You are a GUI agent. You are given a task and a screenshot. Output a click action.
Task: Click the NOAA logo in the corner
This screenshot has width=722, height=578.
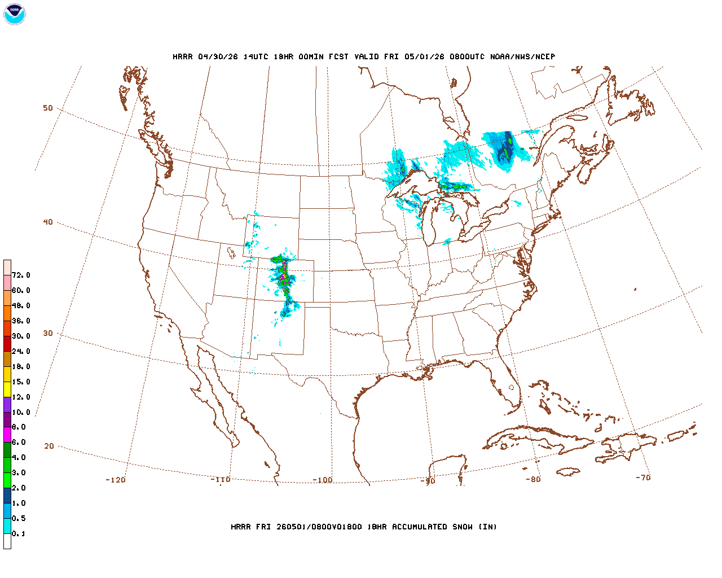pos(15,14)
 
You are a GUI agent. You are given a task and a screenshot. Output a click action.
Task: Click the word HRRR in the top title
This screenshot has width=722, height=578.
pos(182,57)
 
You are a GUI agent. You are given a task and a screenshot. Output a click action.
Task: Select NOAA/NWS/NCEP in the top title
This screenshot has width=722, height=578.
pos(522,57)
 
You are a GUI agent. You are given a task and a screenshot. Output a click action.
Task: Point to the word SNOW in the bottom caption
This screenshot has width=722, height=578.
pos(461,527)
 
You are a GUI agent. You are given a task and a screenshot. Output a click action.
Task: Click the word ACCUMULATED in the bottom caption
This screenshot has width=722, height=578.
pos(420,527)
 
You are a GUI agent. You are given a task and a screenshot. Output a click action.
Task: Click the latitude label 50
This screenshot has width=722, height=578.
pos(48,108)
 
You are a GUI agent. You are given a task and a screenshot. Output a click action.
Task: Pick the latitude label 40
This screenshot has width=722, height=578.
pos(48,222)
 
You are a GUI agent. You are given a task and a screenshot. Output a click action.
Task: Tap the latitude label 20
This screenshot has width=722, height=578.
pos(49,446)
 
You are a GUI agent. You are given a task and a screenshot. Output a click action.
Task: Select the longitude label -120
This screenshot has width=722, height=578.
pos(115,480)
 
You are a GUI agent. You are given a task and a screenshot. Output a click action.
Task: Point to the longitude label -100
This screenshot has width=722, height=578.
pos(323,480)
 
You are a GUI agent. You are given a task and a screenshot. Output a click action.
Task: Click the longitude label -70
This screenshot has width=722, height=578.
pos(643,478)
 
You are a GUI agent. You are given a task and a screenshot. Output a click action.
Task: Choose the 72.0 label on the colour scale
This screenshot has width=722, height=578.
pos(21,275)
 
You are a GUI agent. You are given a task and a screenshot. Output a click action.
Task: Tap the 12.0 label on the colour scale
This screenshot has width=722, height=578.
pos(21,397)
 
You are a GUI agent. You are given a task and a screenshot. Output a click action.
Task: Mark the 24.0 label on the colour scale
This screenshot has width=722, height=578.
pos(21,352)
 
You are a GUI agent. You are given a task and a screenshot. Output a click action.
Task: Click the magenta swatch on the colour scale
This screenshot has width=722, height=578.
pos(7,435)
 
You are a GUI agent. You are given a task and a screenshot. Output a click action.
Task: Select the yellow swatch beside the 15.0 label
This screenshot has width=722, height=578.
pos(7,389)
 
